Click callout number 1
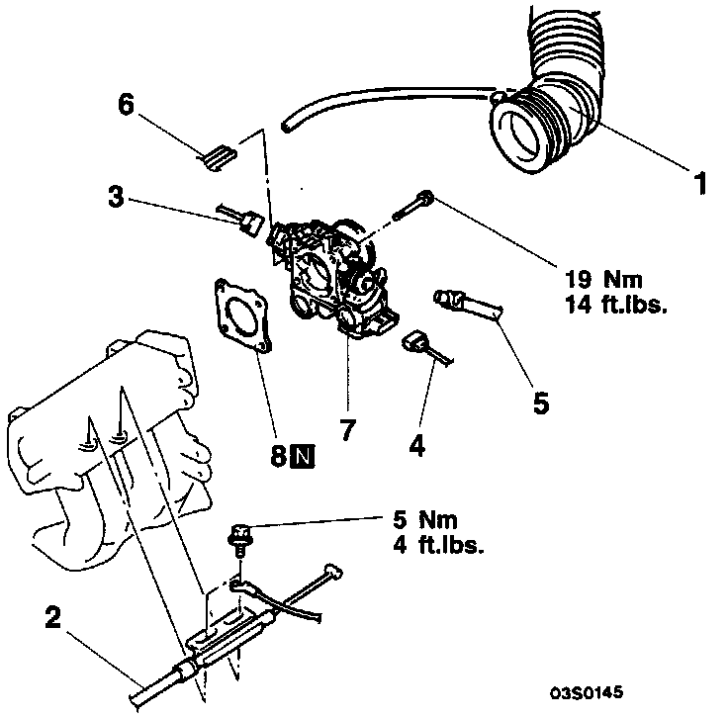click(x=700, y=183)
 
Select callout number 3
click(x=116, y=197)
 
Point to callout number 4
click(x=417, y=447)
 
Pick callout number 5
click(x=540, y=404)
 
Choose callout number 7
click(x=347, y=430)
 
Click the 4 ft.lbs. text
click(x=435, y=544)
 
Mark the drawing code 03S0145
click(x=588, y=692)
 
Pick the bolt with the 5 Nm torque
click(x=237, y=539)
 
